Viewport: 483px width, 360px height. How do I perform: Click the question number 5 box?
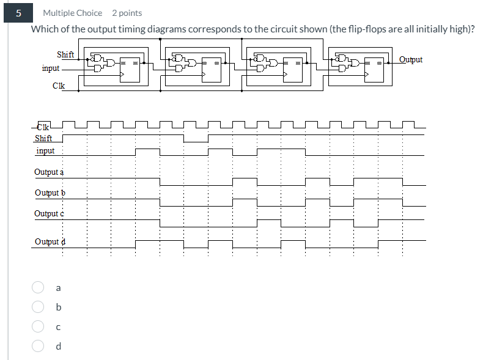point(19,13)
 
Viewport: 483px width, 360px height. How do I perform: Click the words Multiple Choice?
point(72,13)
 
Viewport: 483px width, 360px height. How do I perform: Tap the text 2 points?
point(127,13)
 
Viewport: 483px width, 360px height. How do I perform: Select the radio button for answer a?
point(38,287)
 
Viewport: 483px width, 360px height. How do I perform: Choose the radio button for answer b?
point(38,307)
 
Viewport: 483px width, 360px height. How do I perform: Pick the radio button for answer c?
point(38,326)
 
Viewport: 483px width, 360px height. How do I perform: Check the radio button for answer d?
point(38,346)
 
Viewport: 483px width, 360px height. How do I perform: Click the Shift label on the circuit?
point(65,54)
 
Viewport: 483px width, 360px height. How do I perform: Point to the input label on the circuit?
point(51,68)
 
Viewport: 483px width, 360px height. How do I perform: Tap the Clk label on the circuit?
point(59,86)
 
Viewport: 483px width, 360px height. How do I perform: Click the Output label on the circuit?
point(410,59)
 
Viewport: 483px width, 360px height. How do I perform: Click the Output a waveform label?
point(49,172)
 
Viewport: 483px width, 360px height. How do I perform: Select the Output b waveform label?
point(50,193)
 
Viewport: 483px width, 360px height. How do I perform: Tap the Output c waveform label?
point(49,213)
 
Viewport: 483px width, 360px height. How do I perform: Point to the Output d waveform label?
point(50,241)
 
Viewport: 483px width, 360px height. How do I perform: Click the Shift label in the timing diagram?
point(43,138)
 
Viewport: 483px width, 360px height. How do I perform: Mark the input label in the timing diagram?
point(45,150)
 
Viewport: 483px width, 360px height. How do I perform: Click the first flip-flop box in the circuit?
point(130,68)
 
